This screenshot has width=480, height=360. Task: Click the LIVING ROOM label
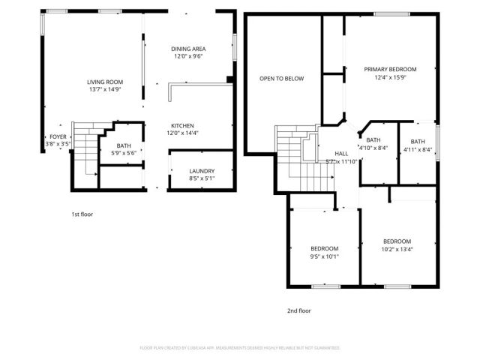pos(104,82)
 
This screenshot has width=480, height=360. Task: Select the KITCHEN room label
pos(182,126)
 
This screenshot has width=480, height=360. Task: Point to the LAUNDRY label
pos(201,171)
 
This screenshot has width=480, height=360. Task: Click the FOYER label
pos(58,136)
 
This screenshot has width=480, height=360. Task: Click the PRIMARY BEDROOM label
pos(390,69)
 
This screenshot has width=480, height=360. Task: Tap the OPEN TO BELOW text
pos(281,78)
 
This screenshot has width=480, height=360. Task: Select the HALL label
pos(341,153)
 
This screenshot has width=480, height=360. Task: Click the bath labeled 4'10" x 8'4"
pos(373,140)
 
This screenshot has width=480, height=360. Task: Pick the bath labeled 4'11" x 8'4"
pos(417,141)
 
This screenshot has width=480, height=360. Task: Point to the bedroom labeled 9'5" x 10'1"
pos(324,248)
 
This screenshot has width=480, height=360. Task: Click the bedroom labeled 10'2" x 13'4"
pos(397,241)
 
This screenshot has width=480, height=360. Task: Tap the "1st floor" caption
pos(82,214)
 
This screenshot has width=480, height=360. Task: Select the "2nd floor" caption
pos(298,310)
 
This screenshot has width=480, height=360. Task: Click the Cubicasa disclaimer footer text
pos(240,348)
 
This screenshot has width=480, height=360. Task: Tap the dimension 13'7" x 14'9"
pos(104,89)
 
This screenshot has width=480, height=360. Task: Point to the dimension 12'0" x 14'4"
pos(182,133)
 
